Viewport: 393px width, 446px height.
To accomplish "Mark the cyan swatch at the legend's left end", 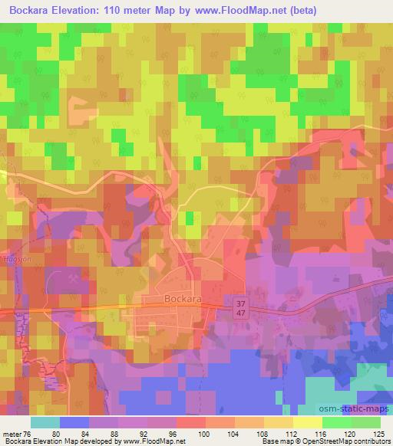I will tap(45, 421).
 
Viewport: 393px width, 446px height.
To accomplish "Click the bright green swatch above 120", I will tap(337, 421).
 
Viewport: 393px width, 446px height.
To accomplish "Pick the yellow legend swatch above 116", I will tap(308, 421).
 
